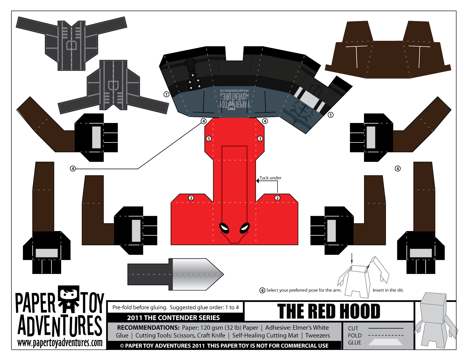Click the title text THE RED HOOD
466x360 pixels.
point(329,311)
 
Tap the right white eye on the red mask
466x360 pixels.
point(245,227)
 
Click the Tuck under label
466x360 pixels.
point(270,178)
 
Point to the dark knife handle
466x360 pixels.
point(148,274)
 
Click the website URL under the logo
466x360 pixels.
point(60,343)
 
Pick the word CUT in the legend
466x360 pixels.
point(353,329)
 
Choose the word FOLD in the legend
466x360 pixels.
point(354,336)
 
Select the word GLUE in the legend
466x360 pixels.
point(354,343)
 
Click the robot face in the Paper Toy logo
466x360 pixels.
point(69,294)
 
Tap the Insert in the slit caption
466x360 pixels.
point(388,290)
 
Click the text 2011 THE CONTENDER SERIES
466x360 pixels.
point(173,318)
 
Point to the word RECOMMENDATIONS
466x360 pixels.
point(148,328)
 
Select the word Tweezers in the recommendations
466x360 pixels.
point(317,336)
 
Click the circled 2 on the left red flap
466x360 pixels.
point(191,198)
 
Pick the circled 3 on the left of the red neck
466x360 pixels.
point(209,139)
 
